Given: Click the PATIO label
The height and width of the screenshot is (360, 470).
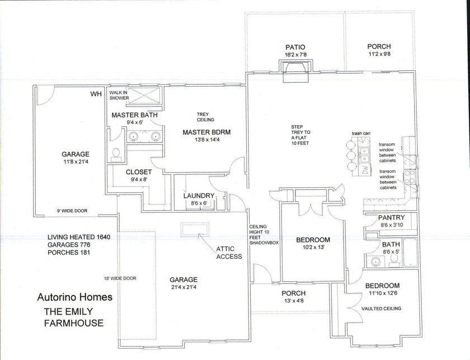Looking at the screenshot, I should pyautogui.click(x=295, y=47).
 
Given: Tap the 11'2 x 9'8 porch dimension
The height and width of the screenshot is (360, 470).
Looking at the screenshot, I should pyautogui.click(x=379, y=55).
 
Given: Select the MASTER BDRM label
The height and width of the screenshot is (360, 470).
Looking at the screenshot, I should pyautogui.click(x=206, y=132).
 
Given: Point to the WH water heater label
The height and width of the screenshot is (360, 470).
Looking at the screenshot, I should pyautogui.click(x=95, y=94).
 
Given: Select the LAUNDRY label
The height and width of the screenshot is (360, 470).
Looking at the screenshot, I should pyautogui.click(x=199, y=195).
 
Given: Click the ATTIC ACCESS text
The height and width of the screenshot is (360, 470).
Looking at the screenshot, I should pyautogui.click(x=229, y=253).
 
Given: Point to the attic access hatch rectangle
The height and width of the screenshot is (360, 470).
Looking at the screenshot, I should pyautogui.click(x=194, y=229).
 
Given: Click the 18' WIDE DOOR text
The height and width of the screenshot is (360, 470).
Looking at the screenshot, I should pyautogui.click(x=120, y=278).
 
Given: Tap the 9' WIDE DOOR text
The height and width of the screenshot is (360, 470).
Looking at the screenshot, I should pyautogui.click(x=70, y=211).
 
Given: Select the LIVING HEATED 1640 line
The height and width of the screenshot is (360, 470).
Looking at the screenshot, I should pyautogui.click(x=79, y=237).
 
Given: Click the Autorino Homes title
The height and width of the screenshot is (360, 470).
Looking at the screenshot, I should pyautogui.click(x=74, y=297).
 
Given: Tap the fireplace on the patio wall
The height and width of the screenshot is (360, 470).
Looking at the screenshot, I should pyautogui.click(x=295, y=72).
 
